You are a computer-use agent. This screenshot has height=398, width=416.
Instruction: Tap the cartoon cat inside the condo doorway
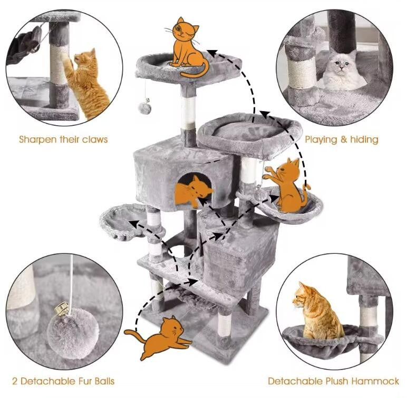(x=194, y=191)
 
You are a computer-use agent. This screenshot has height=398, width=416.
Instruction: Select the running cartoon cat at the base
(x=160, y=337)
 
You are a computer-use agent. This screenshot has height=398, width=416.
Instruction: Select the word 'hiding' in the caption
(x=363, y=140)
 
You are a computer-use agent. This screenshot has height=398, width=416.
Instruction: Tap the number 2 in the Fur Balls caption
(x=15, y=381)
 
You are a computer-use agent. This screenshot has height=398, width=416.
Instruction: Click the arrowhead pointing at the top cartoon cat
(x=211, y=52)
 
